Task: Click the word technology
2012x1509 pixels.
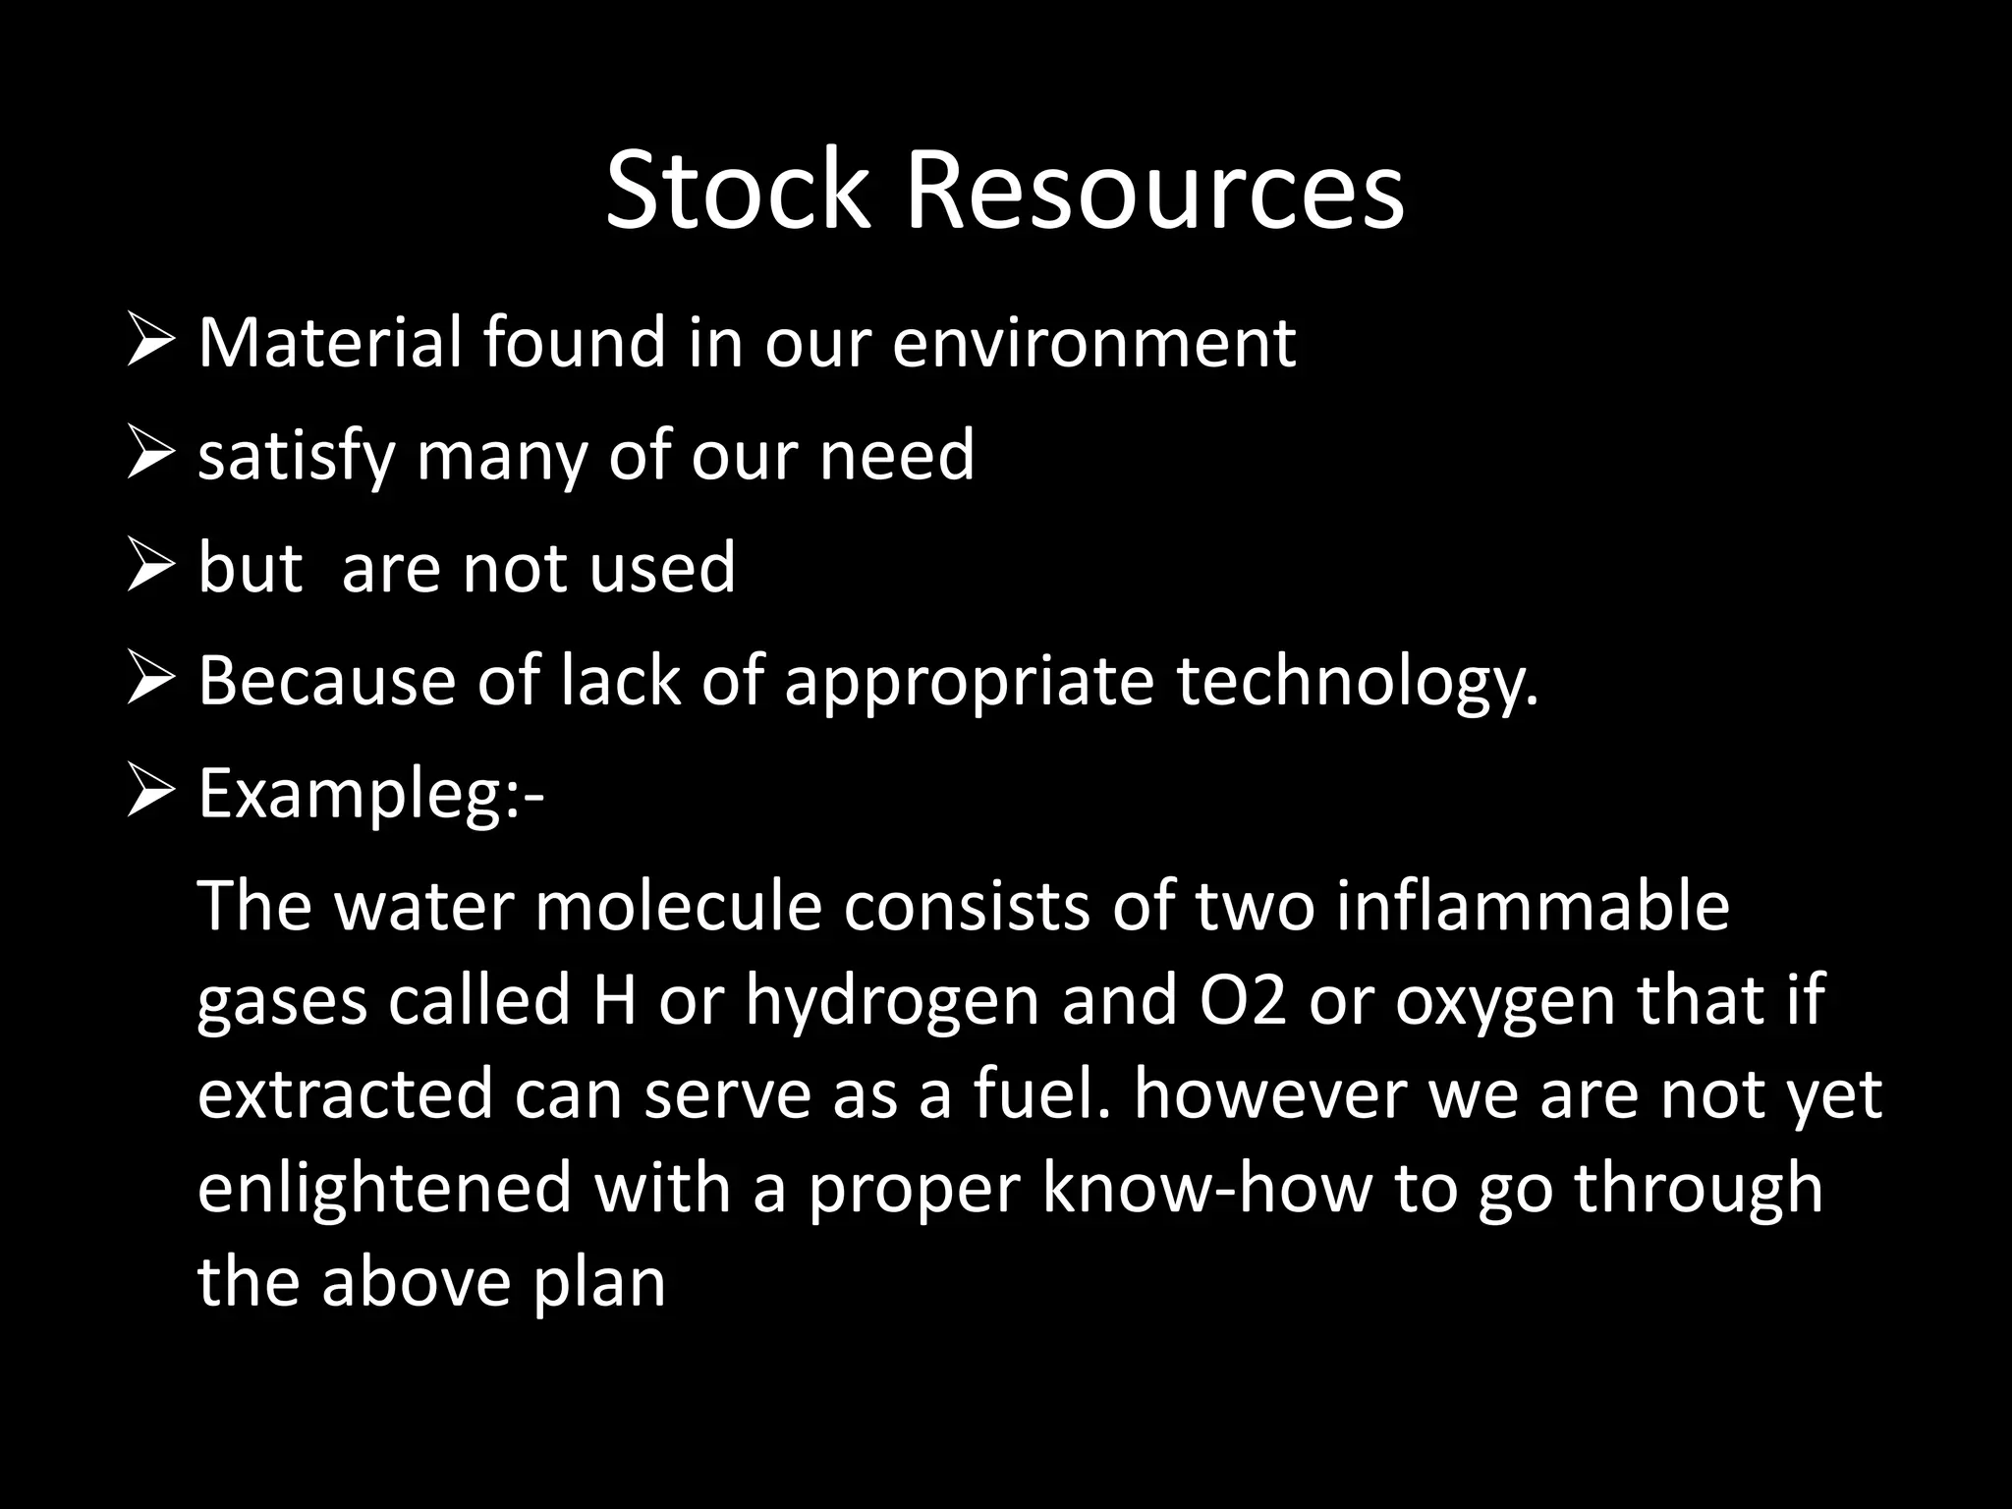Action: pos(1357,683)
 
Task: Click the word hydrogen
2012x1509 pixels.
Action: pos(891,1002)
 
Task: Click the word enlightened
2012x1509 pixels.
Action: pos(384,1189)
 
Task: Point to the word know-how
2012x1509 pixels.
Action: pos(1206,1189)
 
